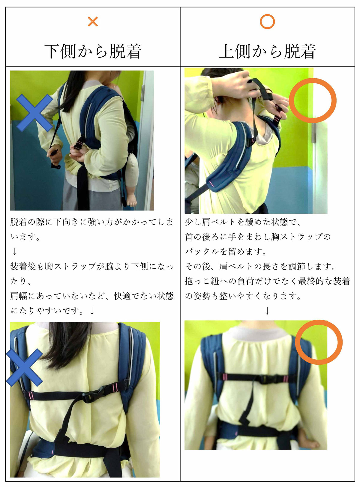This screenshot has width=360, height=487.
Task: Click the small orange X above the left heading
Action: tap(93, 21)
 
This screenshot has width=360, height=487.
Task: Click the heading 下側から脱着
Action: tap(93, 52)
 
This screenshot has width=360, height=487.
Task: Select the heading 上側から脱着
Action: tap(267, 52)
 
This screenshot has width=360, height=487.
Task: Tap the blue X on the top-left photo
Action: tap(34, 113)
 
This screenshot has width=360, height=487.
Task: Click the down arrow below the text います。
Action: tap(14, 251)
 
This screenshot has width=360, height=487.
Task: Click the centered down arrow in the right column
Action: tap(267, 311)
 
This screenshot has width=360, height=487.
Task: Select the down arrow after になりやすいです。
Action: tap(92, 311)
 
